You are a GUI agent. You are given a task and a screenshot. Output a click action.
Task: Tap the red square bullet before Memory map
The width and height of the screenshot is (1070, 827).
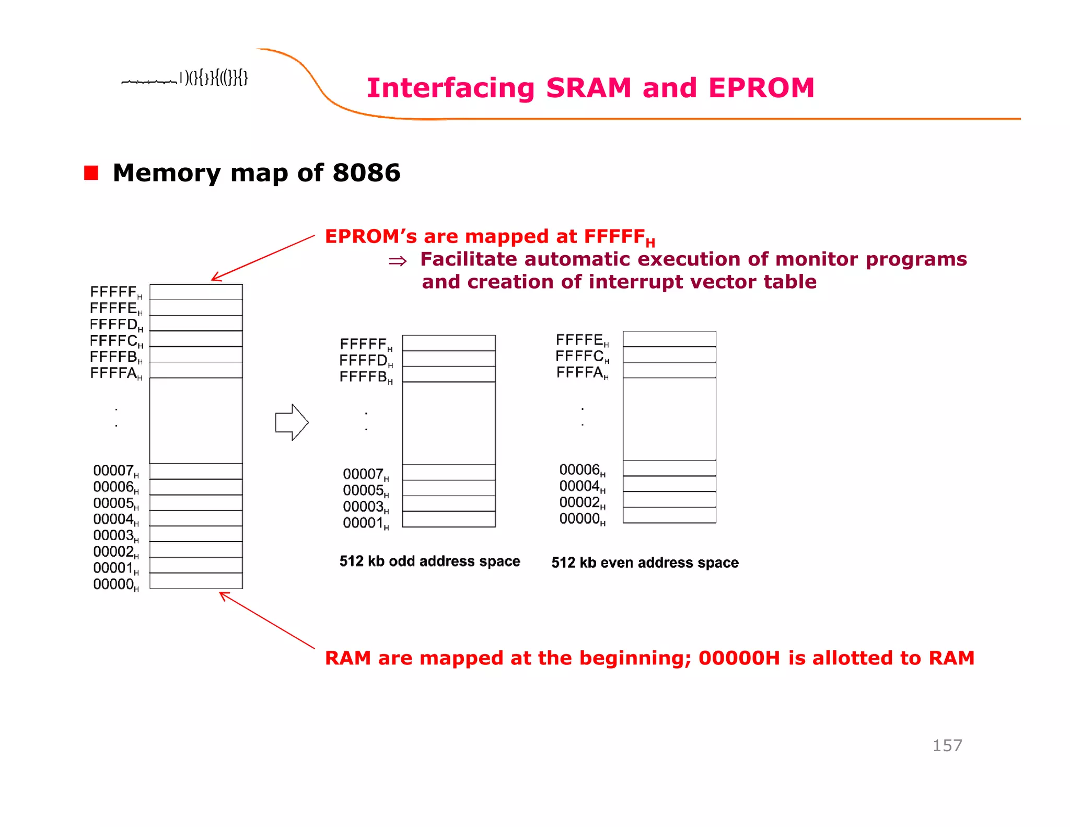coord(91,173)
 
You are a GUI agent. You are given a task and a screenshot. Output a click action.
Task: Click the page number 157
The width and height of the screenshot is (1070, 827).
coord(947,745)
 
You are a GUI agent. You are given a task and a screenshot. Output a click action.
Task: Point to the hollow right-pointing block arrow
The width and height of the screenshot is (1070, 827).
coord(292,422)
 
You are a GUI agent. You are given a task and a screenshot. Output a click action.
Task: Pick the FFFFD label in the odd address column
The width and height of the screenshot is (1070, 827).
coord(365,361)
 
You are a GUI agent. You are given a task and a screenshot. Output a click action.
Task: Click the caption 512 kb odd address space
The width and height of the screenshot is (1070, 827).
coord(429,561)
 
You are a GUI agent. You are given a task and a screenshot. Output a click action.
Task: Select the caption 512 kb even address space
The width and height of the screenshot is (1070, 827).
coord(645,562)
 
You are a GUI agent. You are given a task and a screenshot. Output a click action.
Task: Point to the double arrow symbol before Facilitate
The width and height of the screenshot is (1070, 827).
coord(398,261)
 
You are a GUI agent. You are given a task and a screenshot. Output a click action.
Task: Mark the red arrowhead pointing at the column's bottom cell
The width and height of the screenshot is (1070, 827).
coord(223,595)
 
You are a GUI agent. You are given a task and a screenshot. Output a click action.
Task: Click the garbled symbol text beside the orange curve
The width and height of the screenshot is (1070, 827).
coord(185,78)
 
